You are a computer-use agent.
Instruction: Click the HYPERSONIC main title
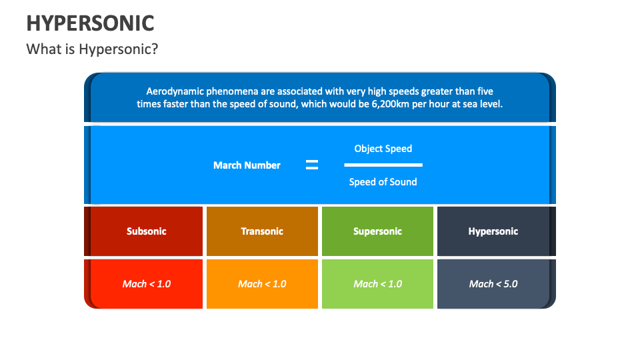click(x=90, y=23)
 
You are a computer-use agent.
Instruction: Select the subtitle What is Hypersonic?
click(x=92, y=49)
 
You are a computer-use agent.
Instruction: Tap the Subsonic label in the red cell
click(x=147, y=231)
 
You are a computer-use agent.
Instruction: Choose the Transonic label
click(x=262, y=231)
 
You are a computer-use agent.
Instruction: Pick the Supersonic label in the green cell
click(x=377, y=231)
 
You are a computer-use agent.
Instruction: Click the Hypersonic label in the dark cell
click(x=493, y=231)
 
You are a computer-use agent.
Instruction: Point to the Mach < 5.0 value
click(x=493, y=284)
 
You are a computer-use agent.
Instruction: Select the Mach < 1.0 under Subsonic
click(x=147, y=284)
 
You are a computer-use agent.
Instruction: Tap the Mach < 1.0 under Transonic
click(x=262, y=284)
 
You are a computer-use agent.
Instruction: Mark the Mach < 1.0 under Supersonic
click(x=377, y=284)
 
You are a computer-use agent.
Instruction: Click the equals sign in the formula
click(x=311, y=165)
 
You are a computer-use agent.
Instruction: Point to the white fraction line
click(x=383, y=165)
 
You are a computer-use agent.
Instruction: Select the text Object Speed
click(x=383, y=149)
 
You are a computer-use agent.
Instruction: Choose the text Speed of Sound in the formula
click(x=383, y=182)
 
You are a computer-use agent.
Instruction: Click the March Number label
click(x=247, y=165)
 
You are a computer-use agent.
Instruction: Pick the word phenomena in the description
click(x=232, y=91)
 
